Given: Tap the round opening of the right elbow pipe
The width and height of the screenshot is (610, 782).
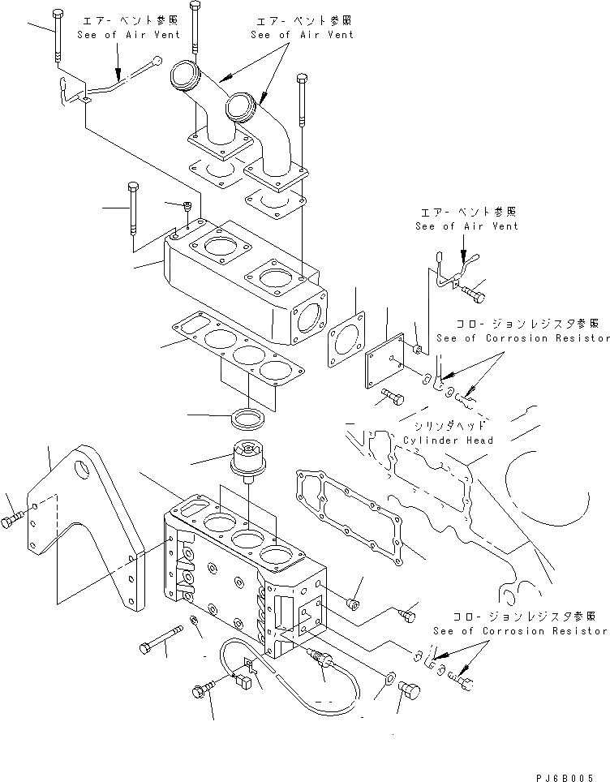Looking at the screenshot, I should tap(241, 105).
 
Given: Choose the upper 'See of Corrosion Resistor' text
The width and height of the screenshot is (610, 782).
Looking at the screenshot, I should tap(522, 338).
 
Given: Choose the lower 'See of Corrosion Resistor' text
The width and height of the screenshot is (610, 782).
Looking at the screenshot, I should tap(519, 630).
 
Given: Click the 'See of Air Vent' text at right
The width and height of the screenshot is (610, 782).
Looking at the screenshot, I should tap(466, 226).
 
